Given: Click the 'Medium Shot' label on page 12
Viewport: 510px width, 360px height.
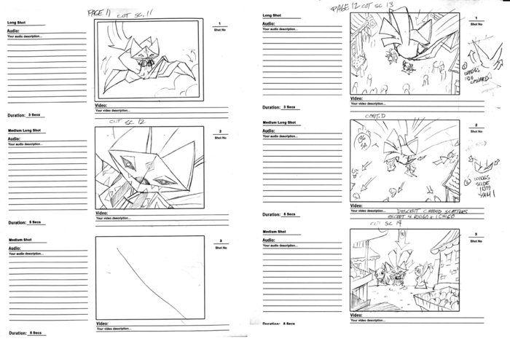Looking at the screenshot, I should point(275,232).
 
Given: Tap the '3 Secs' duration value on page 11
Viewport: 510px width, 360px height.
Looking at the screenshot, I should point(34,114).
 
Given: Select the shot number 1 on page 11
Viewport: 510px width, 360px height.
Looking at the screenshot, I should point(220,24).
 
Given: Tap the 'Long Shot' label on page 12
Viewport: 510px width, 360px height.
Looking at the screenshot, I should point(272,15).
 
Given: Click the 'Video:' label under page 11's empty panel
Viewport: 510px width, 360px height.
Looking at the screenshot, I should point(102,324).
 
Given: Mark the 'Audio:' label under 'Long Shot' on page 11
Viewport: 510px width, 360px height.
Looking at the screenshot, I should point(14,31).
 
